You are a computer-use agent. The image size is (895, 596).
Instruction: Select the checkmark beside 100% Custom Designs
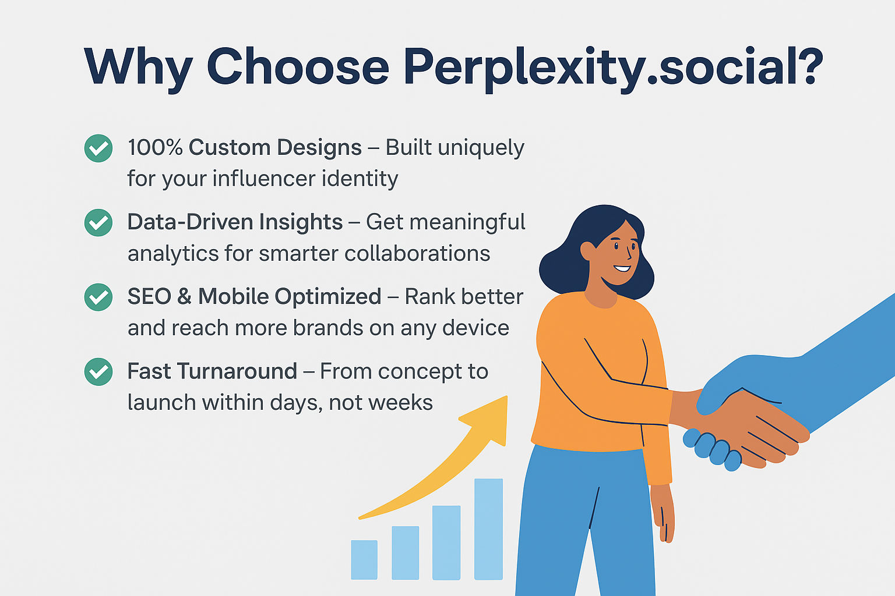click(98, 148)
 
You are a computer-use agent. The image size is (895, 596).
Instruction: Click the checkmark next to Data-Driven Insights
click(98, 223)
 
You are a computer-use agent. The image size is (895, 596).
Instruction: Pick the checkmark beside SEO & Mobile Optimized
click(98, 297)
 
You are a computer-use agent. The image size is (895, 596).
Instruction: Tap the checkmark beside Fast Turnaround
click(98, 372)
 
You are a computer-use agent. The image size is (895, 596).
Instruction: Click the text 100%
click(155, 147)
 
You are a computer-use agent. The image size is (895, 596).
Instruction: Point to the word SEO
click(149, 297)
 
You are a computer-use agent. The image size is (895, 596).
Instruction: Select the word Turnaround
click(237, 371)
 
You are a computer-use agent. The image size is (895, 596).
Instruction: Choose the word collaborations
click(417, 254)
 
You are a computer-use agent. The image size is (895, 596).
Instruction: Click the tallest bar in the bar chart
click(488, 529)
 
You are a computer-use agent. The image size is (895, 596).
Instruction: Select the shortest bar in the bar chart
click(364, 560)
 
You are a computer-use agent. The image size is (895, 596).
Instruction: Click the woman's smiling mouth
click(622, 268)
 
